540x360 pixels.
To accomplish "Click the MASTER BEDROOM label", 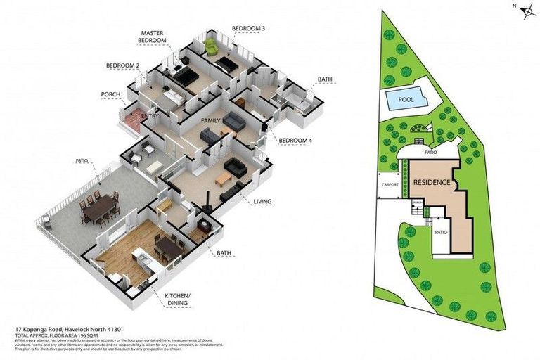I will coord(153,37).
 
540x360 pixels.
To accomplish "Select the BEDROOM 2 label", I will coord(123,65).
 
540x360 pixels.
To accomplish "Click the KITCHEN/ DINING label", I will coord(178,300).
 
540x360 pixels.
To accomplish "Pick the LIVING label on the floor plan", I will coord(262,202).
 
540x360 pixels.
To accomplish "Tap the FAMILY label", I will coord(210,121).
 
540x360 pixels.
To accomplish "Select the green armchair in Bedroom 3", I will coord(211,48).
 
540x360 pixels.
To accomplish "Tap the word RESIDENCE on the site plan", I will coord(431,183).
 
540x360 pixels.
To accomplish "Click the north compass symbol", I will coord(525,8).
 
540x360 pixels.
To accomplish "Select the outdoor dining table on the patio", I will coord(98,207).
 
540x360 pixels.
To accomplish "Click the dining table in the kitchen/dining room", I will coord(169,247).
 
